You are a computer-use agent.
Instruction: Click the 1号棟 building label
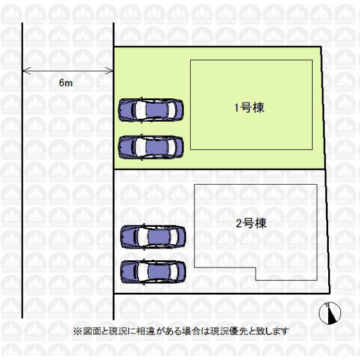click(x=249, y=107)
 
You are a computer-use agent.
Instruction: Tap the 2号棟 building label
click(x=251, y=223)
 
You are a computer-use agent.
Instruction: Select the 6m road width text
click(x=65, y=83)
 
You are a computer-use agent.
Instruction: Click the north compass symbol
click(x=329, y=313)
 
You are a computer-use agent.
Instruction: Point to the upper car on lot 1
click(x=151, y=110)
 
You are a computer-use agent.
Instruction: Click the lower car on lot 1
click(x=151, y=147)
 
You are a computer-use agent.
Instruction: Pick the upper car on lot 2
click(x=153, y=237)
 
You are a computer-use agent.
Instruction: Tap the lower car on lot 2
click(x=153, y=272)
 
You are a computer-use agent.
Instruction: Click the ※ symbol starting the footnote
click(x=77, y=332)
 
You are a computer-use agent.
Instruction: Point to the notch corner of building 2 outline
click(x=256, y=268)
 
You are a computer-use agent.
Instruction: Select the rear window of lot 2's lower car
click(x=174, y=272)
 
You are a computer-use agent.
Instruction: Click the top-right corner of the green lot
click(x=321, y=47)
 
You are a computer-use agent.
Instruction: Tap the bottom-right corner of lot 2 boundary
click(x=330, y=293)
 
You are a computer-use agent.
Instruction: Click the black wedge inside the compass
click(x=332, y=314)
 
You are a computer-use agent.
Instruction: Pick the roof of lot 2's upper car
click(x=159, y=237)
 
